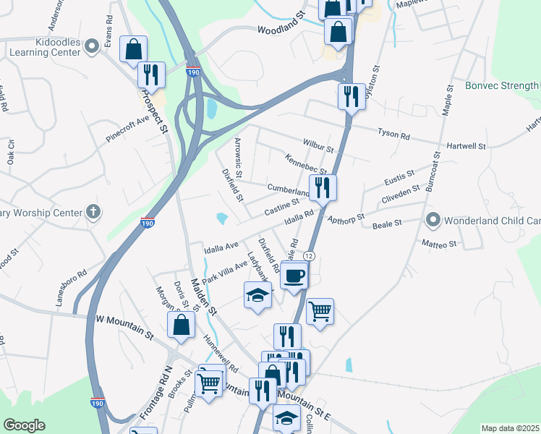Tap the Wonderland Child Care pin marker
[x=433, y=219]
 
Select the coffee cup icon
[x=294, y=276]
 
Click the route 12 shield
[x=309, y=256]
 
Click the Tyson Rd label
[x=394, y=133]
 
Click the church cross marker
[x=93, y=212]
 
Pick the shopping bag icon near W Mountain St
[x=181, y=325]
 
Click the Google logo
[x=24, y=425]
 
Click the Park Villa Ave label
[x=225, y=270]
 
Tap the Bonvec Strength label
[x=498, y=86]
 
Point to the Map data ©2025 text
[x=510, y=428]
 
